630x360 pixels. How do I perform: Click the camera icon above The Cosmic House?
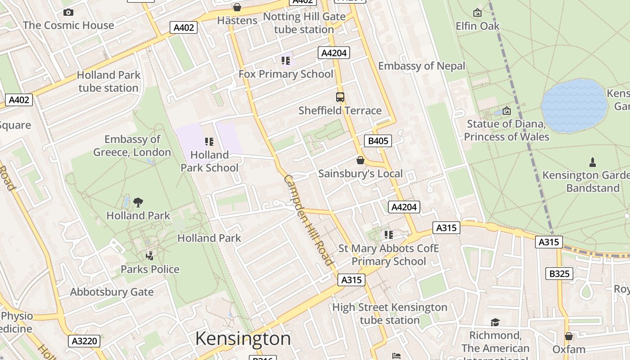pos(68,12)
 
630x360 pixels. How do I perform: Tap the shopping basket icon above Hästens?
pos(237,7)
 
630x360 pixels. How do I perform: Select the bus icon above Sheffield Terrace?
pos(340,97)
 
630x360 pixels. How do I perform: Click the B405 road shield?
pos(378,141)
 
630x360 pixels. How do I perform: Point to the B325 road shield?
pos(559,273)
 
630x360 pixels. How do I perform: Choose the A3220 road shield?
pos(85,341)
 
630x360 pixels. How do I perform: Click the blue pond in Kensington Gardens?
pos(574,106)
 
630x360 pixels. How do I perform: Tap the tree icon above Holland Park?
pos(138,202)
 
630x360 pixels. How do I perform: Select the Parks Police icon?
pos(150,256)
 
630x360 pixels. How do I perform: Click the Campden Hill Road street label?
pos(309,220)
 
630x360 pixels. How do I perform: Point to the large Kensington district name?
pos(243,338)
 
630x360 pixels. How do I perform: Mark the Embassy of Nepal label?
pos(422,66)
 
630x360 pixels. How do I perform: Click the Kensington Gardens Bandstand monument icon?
pos(593,162)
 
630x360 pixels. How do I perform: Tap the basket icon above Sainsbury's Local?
pos(360,160)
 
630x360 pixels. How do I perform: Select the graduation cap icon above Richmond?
pos(495,322)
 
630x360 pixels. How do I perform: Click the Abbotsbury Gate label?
pos(112,292)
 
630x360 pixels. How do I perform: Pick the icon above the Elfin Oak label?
pos(477,13)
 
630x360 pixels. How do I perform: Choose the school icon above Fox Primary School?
pos(286,60)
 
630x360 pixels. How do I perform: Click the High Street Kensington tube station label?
pos(390,314)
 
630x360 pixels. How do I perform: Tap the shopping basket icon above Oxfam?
pos(569,336)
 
